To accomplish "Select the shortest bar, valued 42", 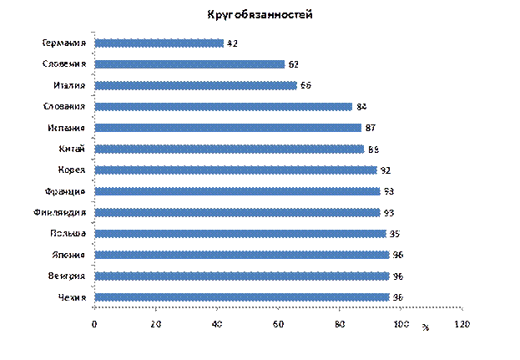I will (159, 43).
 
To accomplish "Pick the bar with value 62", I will (190, 64).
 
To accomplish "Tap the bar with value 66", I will (196, 85).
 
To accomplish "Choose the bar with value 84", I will (224, 107).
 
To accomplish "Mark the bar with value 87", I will (229, 128).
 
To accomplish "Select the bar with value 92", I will (236, 170).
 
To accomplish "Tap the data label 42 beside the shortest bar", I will (231, 43).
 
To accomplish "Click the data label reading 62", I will (294, 64).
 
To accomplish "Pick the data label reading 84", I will (361, 107).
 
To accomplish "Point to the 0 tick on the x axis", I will (94, 323).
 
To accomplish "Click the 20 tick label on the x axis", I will (156, 323).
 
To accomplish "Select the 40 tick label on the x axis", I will (217, 323).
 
